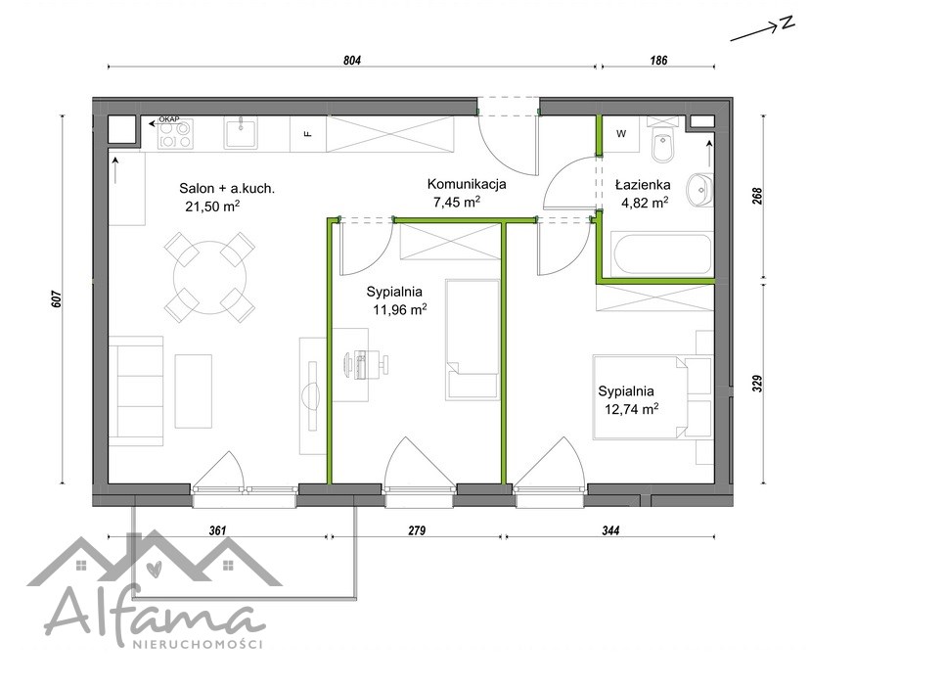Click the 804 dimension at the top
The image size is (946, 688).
pos(352,61)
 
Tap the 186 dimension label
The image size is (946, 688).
pos(658,61)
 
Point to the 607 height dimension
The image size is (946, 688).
pos(57,299)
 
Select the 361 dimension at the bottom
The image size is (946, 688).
pos(217,530)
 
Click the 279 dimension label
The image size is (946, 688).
pos(417,530)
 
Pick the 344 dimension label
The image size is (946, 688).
pos(610,530)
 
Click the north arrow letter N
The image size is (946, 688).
pos(787,23)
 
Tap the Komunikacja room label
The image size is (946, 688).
pos(467,184)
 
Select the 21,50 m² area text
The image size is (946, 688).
pos(212,206)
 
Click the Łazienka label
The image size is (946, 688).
pos(643,185)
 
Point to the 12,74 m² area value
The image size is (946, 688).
pos(631,409)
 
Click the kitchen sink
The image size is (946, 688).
pos(242,132)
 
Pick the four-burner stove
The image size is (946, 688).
pos(175,134)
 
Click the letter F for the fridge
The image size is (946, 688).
pos(308,134)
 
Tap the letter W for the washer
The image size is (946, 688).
pos(621,134)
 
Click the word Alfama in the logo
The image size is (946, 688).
pos(155,614)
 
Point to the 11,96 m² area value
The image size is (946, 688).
pos(400,310)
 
